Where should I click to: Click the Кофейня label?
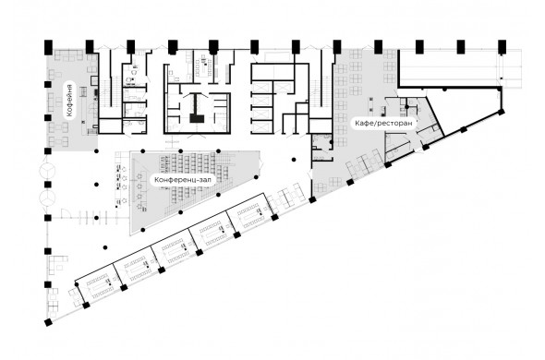point(70,100)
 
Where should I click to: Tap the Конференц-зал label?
point(183,180)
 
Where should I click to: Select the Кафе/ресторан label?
point(383,123)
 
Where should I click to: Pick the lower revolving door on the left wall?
point(47,198)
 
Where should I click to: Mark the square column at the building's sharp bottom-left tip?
point(48,322)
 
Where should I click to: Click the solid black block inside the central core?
point(197,118)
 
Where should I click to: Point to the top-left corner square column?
point(48,46)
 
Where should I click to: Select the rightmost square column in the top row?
point(502,46)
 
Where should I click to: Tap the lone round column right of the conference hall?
point(294,160)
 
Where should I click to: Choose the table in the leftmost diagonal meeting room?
point(98,285)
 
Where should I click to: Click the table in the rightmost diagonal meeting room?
point(249,214)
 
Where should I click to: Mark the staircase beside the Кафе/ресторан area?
point(321,92)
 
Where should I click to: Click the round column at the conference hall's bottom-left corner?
point(143,230)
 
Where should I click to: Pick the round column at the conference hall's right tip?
point(256,177)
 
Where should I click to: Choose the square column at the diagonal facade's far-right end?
point(501,112)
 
